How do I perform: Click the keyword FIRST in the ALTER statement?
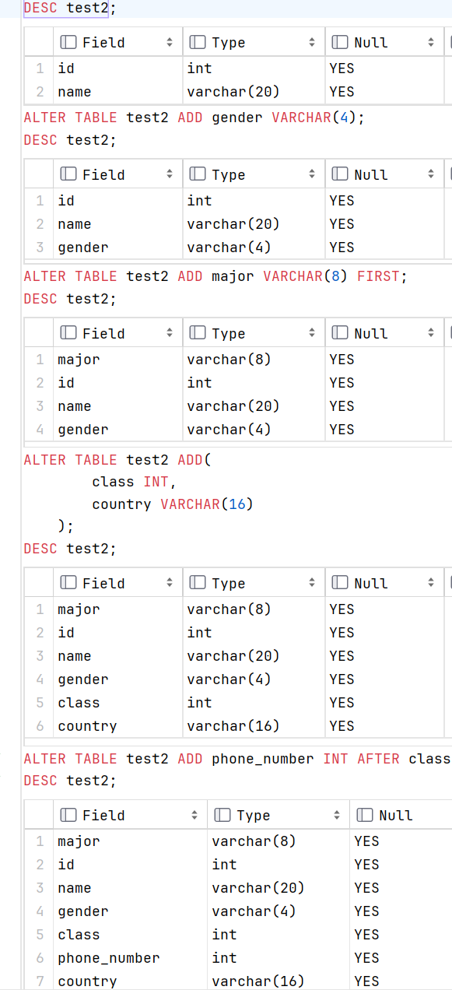click(x=378, y=276)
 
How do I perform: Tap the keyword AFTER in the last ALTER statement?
click(x=378, y=759)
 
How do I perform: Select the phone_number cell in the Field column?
click(x=109, y=958)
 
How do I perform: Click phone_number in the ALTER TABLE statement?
click(x=262, y=760)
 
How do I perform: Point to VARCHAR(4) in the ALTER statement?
click(x=314, y=118)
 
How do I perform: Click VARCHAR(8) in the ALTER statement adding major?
click(x=305, y=276)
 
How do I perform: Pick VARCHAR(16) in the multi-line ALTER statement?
click(x=207, y=504)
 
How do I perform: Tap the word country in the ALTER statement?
click(x=121, y=504)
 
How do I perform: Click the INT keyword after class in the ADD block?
click(x=156, y=482)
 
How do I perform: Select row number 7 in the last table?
click(x=40, y=981)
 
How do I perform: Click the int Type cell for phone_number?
click(x=225, y=958)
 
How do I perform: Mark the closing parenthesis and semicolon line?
click(x=66, y=526)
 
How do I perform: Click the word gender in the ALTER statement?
click(x=237, y=118)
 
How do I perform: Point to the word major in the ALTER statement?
click(x=233, y=276)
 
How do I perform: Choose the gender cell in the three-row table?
click(x=83, y=247)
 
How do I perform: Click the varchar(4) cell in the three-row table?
click(x=229, y=247)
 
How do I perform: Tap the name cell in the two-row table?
click(x=75, y=92)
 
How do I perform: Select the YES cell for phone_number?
click(x=366, y=958)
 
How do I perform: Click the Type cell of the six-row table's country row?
click(x=233, y=726)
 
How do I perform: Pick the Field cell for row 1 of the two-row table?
click(x=66, y=68)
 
